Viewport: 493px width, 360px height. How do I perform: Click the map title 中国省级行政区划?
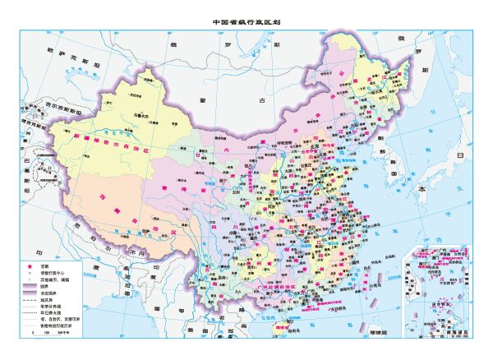(246, 22)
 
